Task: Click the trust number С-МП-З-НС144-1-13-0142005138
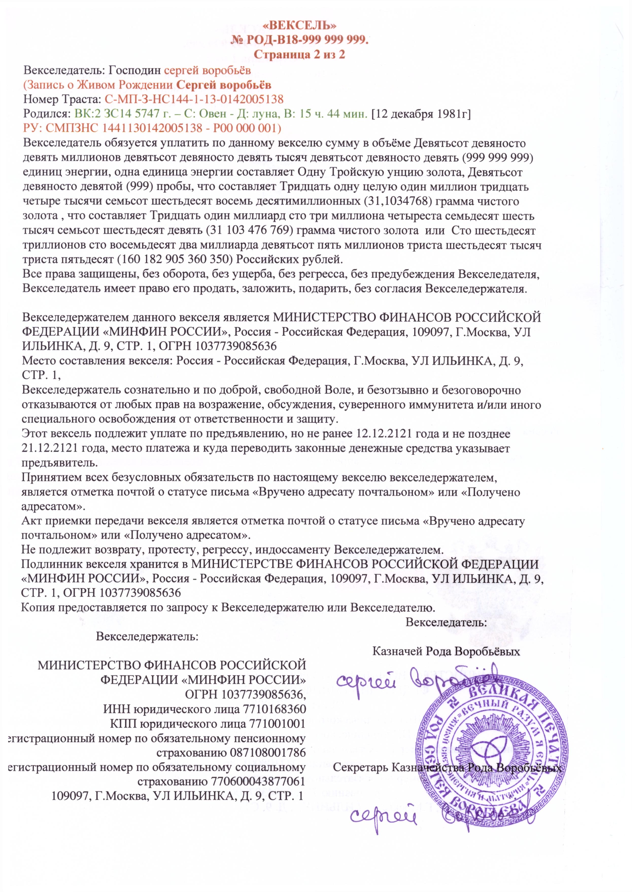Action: point(194,99)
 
